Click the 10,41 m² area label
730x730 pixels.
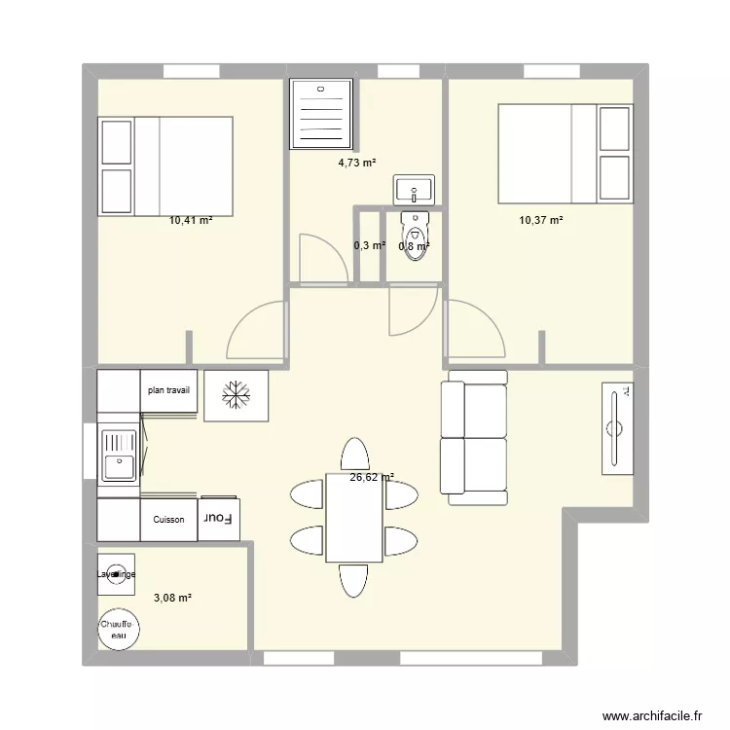click(x=190, y=221)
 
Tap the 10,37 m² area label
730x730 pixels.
click(x=541, y=221)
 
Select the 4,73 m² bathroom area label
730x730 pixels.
click(x=357, y=164)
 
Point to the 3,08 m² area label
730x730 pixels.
click(x=171, y=598)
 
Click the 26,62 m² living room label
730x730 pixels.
click(x=372, y=477)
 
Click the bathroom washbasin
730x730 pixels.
click(x=416, y=189)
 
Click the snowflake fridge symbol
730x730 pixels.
click(x=235, y=395)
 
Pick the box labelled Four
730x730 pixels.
click(x=219, y=519)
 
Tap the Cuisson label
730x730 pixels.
click(x=168, y=520)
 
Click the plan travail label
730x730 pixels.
click(x=168, y=390)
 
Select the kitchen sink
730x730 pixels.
click(x=119, y=454)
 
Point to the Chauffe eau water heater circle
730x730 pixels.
click(x=119, y=629)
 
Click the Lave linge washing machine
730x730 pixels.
click(x=117, y=574)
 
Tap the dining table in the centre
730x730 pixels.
click(x=354, y=519)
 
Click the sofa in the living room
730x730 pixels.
click(x=474, y=437)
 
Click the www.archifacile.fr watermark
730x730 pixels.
click(x=652, y=715)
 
